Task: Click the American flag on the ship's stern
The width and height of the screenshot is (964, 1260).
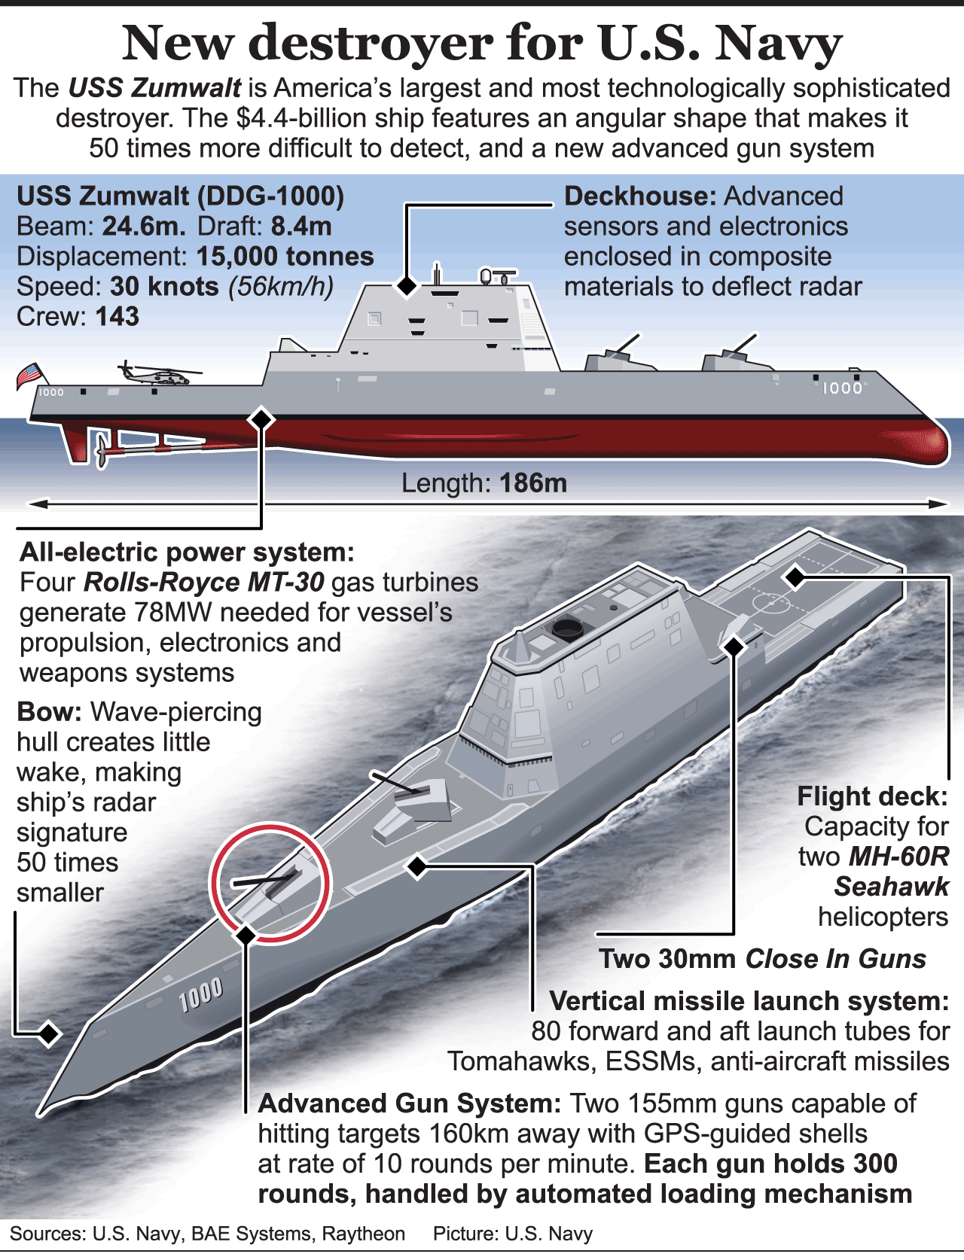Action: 29,375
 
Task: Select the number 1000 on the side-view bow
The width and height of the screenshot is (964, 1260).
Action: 842,388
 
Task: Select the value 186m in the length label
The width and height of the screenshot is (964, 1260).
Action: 532,483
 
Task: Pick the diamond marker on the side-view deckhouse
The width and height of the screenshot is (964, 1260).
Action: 407,286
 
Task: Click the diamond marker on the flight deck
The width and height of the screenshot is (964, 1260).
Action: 795,577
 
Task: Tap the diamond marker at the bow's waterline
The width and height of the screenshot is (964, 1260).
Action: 49,1033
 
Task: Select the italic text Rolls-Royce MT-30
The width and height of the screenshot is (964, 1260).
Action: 204,583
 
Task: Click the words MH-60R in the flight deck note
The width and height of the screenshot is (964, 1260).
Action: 898,857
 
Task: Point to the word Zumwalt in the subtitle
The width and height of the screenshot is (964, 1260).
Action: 187,88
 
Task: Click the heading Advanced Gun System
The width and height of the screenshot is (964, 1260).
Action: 409,1103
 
